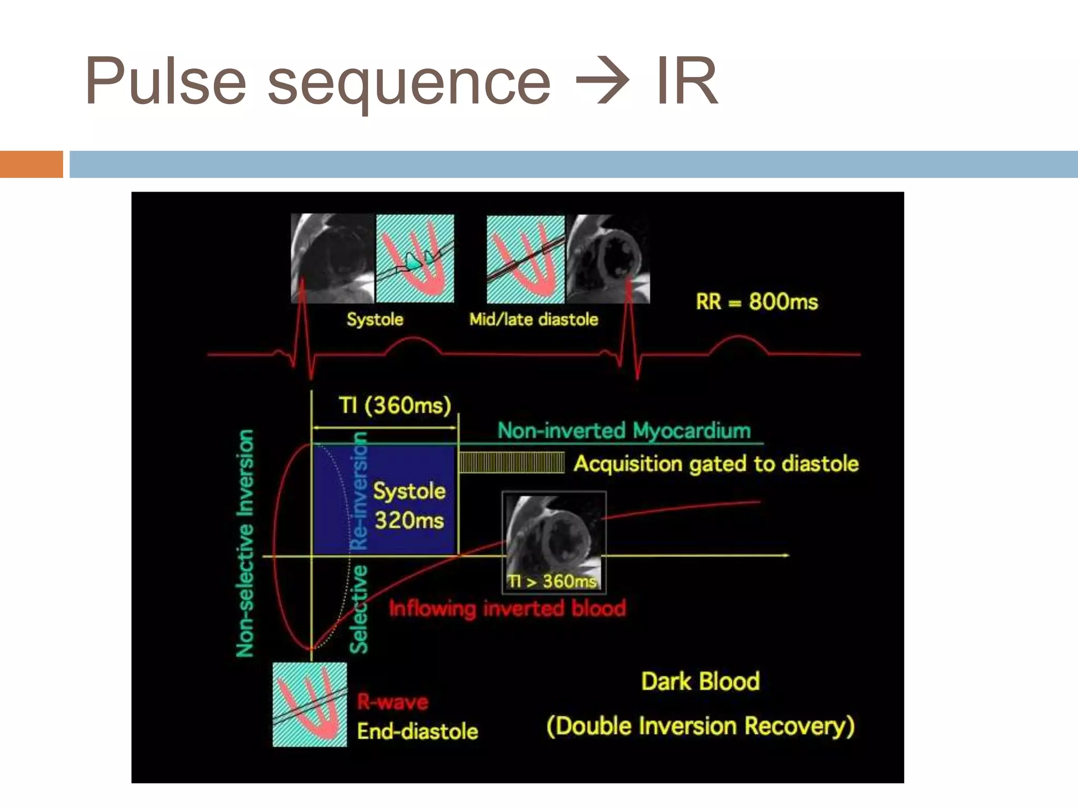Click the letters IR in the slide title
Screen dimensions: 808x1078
point(686,82)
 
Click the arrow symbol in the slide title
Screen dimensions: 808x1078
point(602,82)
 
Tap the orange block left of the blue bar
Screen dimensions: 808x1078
point(31,164)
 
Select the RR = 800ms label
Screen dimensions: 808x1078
point(756,302)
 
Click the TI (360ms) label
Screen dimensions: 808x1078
point(395,406)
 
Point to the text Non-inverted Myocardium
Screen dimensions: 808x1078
point(624,431)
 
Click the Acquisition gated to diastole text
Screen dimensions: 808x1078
point(716,464)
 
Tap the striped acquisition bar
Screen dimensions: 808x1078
point(511,463)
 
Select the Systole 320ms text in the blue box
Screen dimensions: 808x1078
point(409,506)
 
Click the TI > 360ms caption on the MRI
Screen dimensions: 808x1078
point(552,581)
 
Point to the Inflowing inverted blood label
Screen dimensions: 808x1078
point(507,609)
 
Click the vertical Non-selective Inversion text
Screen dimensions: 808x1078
point(245,543)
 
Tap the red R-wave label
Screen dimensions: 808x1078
point(393,702)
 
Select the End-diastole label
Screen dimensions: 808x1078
point(417,732)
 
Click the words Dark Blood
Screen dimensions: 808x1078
point(700,681)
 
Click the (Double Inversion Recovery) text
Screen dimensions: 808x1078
point(700,726)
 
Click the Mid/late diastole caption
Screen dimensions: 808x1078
point(534,319)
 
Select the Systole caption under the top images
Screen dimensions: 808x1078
point(375,319)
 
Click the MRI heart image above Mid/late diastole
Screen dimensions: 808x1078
point(608,258)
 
